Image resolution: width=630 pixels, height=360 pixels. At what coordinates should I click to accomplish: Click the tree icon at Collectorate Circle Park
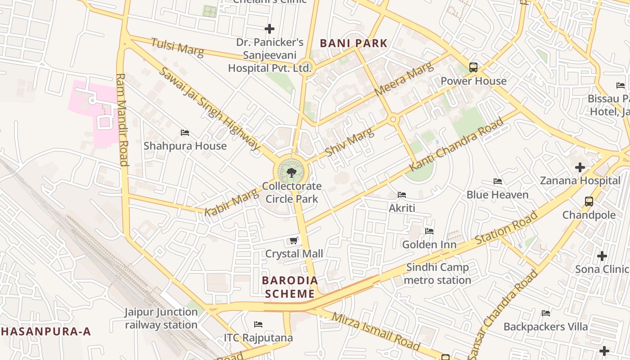292,172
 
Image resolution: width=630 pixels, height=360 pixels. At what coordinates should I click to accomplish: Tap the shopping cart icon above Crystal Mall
294,241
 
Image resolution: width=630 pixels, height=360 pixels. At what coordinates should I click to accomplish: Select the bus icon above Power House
473,67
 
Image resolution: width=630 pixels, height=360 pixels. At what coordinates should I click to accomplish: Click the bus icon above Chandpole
589,202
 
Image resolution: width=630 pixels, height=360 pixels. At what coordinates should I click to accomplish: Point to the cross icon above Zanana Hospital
580,167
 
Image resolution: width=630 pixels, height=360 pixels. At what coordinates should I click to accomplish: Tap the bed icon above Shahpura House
184,133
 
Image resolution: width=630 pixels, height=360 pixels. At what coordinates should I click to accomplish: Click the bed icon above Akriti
402,195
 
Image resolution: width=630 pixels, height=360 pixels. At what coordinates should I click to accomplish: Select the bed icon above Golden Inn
429,231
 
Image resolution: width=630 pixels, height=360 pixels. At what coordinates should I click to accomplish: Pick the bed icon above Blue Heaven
497,181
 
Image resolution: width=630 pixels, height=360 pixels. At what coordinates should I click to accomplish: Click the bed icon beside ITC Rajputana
258,324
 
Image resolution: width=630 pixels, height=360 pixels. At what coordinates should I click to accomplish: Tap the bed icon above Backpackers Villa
546,313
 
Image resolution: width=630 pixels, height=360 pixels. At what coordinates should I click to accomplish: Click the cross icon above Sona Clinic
602,256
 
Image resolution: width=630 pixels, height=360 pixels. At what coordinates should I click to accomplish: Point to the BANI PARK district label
353,43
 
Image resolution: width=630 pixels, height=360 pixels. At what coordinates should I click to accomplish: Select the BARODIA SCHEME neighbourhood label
290,287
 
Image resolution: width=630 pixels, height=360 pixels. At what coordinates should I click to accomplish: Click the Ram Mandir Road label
122,120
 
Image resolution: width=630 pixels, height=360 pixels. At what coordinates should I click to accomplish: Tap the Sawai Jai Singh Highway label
209,108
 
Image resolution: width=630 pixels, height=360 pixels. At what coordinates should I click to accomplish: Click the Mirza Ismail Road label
376,331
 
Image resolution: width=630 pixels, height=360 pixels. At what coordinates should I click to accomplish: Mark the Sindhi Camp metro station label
437,274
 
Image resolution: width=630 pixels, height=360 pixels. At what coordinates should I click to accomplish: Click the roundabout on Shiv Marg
393,120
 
